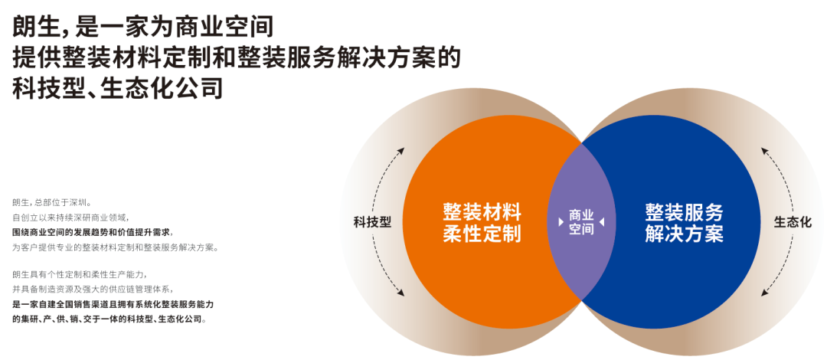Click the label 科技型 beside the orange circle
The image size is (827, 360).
click(372, 221)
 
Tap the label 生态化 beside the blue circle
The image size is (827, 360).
click(793, 221)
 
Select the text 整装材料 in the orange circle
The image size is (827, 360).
click(482, 212)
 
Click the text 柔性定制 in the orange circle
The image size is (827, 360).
click(482, 233)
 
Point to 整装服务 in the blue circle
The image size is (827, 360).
click(684, 212)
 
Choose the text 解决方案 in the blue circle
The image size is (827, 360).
click(684, 233)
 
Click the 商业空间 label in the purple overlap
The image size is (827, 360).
click(581, 222)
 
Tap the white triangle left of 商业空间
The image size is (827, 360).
click(561, 222)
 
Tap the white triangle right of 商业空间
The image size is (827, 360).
click(601, 222)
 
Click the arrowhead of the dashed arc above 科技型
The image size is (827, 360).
click(401, 150)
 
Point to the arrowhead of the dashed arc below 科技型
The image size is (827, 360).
click(401, 293)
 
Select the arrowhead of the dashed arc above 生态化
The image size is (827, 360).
click(763, 150)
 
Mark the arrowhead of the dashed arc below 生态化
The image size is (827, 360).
click(763, 293)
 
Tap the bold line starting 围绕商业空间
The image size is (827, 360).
click(93, 232)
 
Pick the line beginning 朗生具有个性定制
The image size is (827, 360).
click(79, 274)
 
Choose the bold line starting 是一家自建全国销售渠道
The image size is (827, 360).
click(116, 305)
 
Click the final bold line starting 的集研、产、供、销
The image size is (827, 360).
click(109, 319)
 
